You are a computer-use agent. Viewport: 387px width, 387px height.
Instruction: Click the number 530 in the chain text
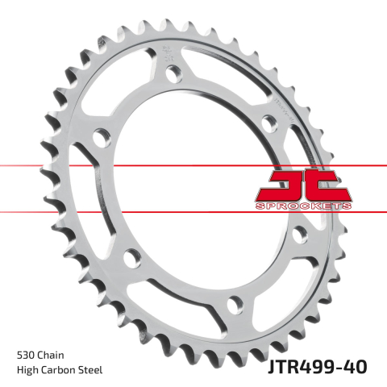coord(27,354)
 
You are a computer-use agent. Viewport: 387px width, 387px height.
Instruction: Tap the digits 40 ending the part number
coord(355,367)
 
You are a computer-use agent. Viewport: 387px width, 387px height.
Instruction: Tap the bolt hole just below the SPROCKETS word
coord(301,235)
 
